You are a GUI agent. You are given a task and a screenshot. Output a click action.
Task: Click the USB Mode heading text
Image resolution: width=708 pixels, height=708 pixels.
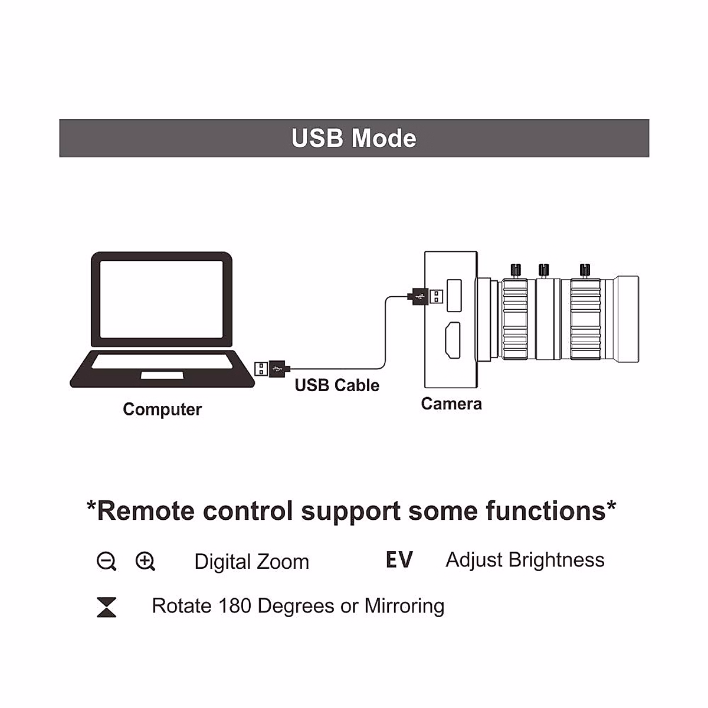click(354, 139)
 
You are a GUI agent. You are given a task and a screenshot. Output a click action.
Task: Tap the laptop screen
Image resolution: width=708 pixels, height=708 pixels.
click(162, 299)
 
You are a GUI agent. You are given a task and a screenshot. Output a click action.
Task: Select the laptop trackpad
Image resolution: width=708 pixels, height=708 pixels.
click(162, 375)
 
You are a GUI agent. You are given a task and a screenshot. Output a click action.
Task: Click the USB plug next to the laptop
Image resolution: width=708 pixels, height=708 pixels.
click(271, 369)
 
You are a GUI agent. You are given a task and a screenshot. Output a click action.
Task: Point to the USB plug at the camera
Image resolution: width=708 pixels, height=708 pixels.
click(425, 295)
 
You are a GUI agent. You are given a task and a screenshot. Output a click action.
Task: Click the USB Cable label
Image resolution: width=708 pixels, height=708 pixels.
click(337, 385)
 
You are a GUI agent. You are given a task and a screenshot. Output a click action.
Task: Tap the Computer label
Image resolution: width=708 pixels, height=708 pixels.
click(162, 409)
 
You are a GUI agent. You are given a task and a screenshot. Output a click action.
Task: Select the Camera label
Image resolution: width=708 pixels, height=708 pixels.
click(451, 404)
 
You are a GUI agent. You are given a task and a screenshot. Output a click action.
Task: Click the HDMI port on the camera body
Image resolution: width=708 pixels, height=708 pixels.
click(453, 340)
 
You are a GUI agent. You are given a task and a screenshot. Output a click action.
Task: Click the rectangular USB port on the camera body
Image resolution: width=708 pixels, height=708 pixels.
click(454, 295)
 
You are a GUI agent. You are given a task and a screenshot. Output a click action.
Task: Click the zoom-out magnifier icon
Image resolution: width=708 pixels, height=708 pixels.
click(106, 561)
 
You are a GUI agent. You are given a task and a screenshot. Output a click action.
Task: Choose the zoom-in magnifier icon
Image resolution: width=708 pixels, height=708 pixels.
click(145, 561)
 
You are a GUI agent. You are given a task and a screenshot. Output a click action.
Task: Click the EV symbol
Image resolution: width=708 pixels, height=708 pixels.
click(399, 560)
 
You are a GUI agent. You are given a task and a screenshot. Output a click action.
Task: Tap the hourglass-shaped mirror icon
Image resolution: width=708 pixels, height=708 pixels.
click(106, 607)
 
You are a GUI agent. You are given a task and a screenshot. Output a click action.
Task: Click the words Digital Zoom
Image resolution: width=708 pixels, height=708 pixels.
click(251, 562)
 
